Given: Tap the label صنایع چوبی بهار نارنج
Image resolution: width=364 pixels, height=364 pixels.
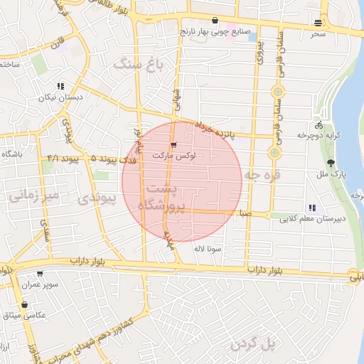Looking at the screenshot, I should tap(215, 31).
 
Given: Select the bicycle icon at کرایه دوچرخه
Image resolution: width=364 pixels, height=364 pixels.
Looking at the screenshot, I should tap(318, 125).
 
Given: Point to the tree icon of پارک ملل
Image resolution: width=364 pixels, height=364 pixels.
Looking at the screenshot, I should tap(328, 163).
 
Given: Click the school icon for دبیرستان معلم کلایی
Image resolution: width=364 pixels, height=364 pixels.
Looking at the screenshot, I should tap(312, 208).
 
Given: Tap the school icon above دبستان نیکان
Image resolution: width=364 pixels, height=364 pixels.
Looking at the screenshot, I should tap(60, 86).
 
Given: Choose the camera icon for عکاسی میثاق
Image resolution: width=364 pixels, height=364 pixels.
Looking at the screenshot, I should tap(25, 304).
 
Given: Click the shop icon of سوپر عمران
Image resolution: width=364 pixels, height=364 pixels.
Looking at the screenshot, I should tap(39, 273).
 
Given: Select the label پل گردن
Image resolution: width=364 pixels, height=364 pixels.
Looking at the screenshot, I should tap(252, 345).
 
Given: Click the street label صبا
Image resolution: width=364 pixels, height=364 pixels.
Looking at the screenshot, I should tap(245, 213).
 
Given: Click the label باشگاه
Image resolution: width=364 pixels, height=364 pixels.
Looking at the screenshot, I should tap(13, 154).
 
